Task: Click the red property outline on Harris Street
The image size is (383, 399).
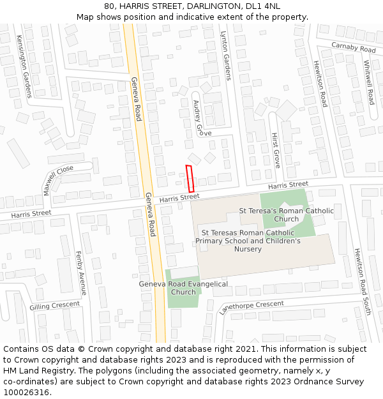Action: click(x=190, y=178)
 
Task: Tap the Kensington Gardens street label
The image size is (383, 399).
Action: click(x=24, y=66)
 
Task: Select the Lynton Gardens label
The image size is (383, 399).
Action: click(x=226, y=56)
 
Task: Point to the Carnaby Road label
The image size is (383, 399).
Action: click(x=353, y=47)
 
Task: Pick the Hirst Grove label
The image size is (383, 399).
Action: click(x=276, y=151)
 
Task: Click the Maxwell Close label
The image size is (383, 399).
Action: click(x=58, y=180)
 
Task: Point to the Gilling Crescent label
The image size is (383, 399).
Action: click(x=55, y=306)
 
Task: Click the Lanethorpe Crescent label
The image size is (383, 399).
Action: click(x=252, y=307)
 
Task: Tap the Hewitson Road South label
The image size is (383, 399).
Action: click(x=362, y=282)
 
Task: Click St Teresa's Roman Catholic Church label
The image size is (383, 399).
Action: click(x=286, y=215)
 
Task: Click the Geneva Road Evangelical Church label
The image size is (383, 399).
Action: click(x=183, y=288)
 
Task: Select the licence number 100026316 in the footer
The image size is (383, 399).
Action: click(x=26, y=392)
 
